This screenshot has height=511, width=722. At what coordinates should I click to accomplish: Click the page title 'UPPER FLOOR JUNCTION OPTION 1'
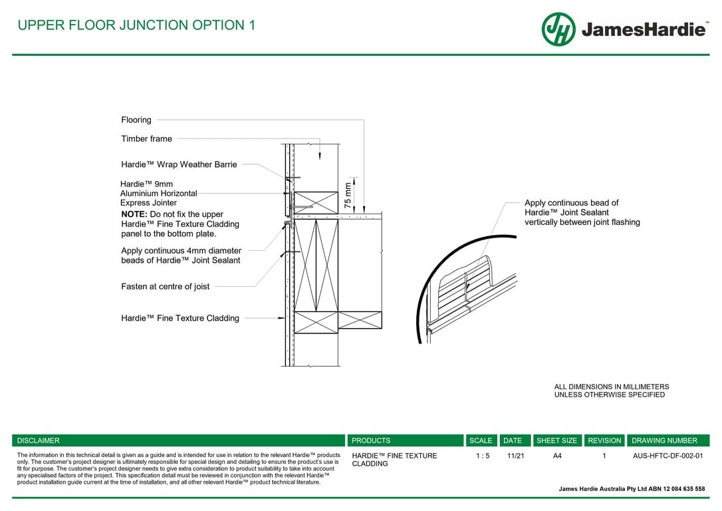pyautogui.click(x=136, y=25)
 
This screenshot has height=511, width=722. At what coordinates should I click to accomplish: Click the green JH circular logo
pyautogui.click(x=558, y=29)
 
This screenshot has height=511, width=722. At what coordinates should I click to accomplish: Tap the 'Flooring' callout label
pyautogui.click(x=136, y=120)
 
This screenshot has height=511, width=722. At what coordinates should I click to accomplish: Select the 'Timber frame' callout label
pyautogui.click(x=146, y=139)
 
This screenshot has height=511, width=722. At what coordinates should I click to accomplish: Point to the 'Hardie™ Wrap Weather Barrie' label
pyautogui.click(x=179, y=164)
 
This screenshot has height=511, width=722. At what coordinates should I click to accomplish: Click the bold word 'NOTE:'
pyautogui.click(x=134, y=214)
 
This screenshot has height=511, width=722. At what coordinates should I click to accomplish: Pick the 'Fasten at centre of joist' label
pyautogui.click(x=165, y=287)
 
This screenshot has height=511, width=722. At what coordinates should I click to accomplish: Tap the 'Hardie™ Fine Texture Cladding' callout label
pyautogui.click(x=180, y=319)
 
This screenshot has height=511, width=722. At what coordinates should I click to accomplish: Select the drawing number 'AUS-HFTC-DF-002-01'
pyautogui.click(x=667, y=456)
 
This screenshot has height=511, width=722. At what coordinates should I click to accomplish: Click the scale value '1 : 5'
pyautogui.click(x=483, y=456)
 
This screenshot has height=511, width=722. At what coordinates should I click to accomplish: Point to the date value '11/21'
pyautogui.click(x=515, y=456)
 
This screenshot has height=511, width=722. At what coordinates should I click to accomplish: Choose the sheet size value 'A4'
pyautogui.click(x=557, y=456)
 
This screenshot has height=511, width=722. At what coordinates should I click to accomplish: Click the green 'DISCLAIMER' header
pyautogui.click(x=38, y=440)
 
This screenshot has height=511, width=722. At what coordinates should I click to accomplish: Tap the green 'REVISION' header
pyautogui.click(x=604, y=440)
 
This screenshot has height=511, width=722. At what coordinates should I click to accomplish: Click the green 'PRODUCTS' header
pyautogui.click(x=371, y=440)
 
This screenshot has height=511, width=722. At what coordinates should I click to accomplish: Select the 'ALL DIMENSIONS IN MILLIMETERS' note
pyautogui.click(x=612, y=387)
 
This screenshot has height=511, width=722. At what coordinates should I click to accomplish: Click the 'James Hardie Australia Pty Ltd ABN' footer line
pyautogui.click(x=632, y=489)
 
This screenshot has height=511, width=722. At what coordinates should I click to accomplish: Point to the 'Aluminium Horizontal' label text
pyautogui.click(x=158, y=194)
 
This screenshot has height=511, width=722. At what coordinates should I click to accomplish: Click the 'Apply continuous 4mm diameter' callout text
pyautogui.click(x=181, y=251)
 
